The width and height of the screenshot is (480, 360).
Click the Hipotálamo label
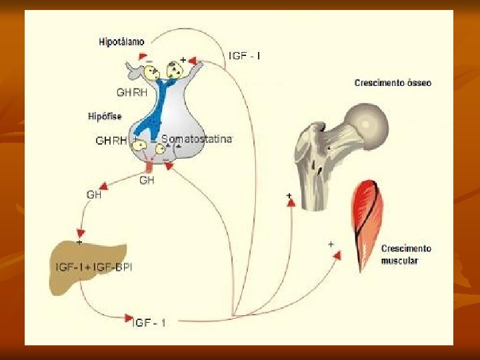pos(121,42)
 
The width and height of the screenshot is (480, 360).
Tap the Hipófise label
pos(105,117)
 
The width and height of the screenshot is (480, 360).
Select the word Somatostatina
pos(197,139)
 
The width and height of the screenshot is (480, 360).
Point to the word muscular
pos(399,261)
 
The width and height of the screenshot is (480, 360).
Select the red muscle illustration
pos(368,220)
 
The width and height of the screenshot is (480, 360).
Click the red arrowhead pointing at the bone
pos(291,203)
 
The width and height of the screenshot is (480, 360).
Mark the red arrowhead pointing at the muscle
pos(338,255)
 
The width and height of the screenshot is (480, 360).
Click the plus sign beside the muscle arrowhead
pos(331,244)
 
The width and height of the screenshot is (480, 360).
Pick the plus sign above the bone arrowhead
pos(289,195)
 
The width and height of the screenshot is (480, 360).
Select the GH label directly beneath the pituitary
pos(147,180)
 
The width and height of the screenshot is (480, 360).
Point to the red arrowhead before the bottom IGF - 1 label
pos(129,318)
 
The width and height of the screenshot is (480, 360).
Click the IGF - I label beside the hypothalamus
pos(245,56)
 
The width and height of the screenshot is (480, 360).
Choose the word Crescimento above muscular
pos(406,249)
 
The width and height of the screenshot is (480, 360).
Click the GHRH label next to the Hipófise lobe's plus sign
pos(111,141)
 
